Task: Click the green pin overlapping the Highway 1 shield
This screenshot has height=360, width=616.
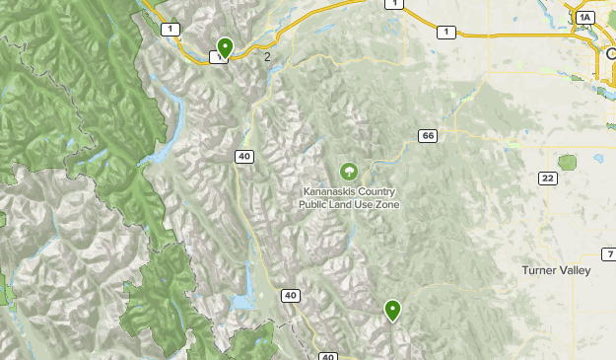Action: click(225, 46)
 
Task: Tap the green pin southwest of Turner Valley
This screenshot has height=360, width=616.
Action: click(393, 310)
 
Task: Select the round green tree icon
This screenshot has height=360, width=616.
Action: click(348, 172)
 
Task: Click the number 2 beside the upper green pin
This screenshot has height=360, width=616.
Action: click(267, 56)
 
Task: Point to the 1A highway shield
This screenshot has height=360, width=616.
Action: click(586, 18)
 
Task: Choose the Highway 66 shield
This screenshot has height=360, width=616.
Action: click(427, 135)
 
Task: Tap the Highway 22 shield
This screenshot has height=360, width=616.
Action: click(546, 178)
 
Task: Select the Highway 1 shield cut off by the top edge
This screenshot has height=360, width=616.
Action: click(395, 4)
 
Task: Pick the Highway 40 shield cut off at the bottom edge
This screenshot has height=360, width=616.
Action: click(328, 356)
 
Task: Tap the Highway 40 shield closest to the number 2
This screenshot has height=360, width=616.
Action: click(243, 156)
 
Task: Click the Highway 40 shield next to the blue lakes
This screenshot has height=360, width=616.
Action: click(290, 295)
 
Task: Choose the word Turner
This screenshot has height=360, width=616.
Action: click(540, 269)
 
